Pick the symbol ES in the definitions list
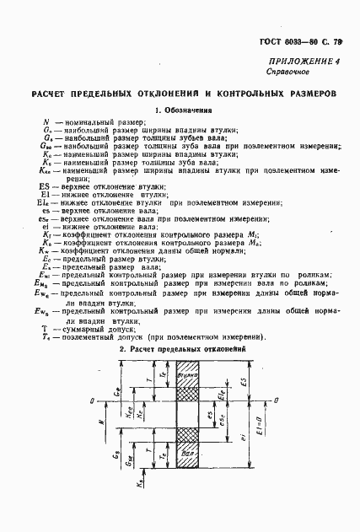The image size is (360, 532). point(44,186)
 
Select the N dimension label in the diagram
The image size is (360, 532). point(99,421)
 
